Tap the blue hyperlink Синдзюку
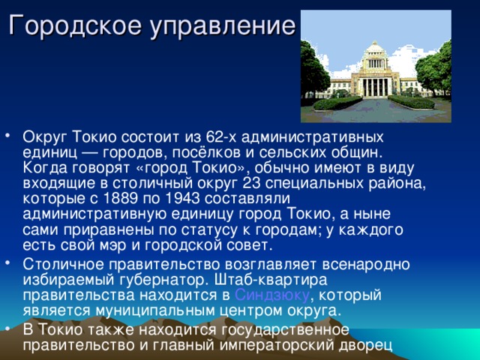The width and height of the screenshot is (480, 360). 272,295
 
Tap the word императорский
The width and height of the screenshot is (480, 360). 283,345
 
